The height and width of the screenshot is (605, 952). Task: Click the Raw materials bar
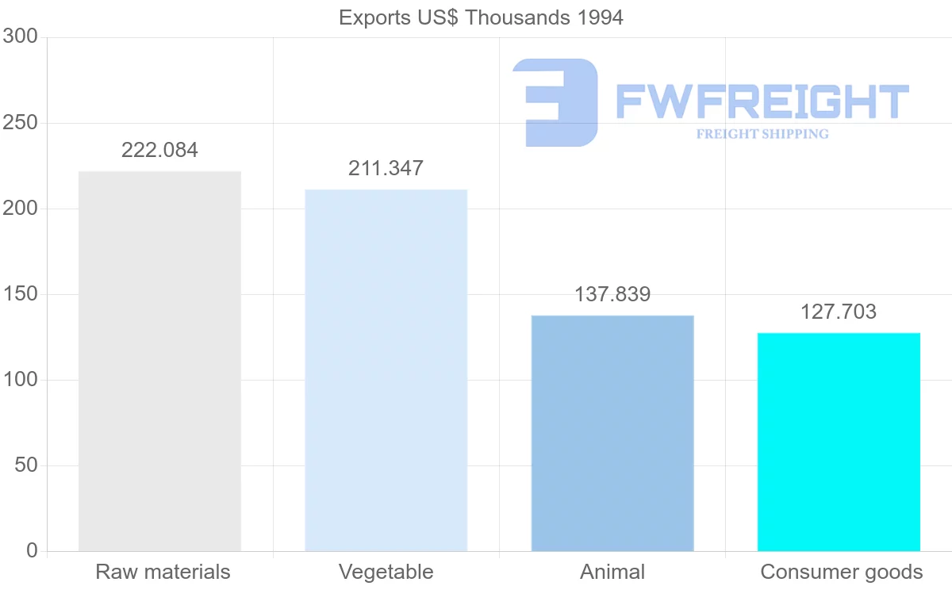point(159,361)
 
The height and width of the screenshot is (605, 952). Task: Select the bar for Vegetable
point(386,370)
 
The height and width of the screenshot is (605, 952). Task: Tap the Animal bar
point(612,433)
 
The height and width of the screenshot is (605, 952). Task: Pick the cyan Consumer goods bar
point(839,442)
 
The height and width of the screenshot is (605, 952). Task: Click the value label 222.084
point(159,150)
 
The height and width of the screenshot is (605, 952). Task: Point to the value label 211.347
point(386,168)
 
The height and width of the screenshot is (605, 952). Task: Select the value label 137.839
point(612,294)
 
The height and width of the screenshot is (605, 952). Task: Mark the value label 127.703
point(839,312)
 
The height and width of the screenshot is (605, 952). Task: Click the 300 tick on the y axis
point(21,36)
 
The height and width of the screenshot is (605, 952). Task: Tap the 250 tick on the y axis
point(21,123)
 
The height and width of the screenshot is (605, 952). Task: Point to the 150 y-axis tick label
point(21,294)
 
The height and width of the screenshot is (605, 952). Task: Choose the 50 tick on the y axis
point(26,465)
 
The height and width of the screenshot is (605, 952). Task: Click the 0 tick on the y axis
point(32,550)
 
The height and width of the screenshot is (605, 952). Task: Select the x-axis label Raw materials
point(163,572)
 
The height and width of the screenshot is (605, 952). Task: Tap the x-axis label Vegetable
point(386,572)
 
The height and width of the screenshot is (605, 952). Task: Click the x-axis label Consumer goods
point(842,572)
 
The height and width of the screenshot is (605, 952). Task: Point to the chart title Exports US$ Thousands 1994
point(481,17)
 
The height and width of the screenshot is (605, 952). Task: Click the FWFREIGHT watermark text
point(762,101)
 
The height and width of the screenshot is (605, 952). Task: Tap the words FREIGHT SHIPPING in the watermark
point(762,134)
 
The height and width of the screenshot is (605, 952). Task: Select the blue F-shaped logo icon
point(555,102)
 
